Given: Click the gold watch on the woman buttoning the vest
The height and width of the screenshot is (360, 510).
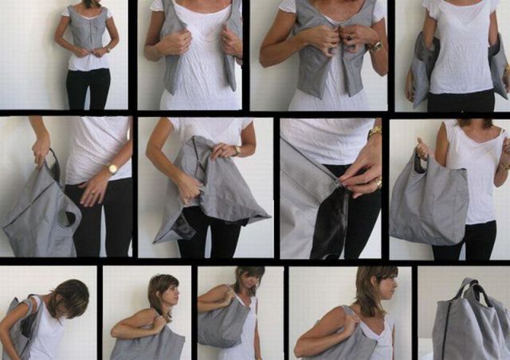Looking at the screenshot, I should tap(375, 46).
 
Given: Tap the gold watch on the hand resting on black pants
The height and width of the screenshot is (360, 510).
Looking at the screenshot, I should tap(112, 169).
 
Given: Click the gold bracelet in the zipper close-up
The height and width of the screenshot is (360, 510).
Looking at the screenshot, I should tap(375, 131).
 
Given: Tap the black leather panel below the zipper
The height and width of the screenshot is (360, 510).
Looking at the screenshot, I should tap(331, 227).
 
